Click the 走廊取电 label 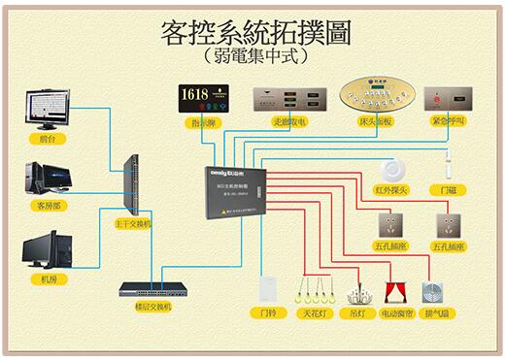click(288, 123)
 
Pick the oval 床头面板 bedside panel click(371, 97)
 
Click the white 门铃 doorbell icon click(269, 290)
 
